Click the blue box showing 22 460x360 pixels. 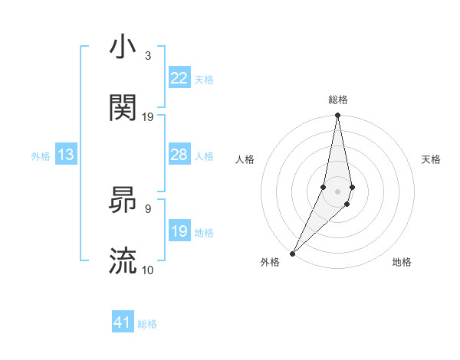click(x=179, y=78)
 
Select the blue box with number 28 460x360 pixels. click(x=179, y=155)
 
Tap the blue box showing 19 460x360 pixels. click(x=179, y=231)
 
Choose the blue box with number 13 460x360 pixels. click(x=66, y=155)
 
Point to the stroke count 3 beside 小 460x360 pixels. click(x=148, y=55)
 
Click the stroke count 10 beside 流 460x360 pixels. click(x=148, y=270)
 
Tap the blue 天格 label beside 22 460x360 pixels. click(x=204, y=79)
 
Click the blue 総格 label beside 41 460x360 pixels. click(x=147, y=324)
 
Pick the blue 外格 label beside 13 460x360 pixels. click(x=41, y=155)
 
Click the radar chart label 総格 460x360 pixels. click(x=338, y=100)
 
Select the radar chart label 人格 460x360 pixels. click(x=245, y=159)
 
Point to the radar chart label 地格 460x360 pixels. click(x=402, y=262)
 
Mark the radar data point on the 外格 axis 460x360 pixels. click(x=292, y=253)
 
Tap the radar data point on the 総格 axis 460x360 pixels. click(x=337, y=115)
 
